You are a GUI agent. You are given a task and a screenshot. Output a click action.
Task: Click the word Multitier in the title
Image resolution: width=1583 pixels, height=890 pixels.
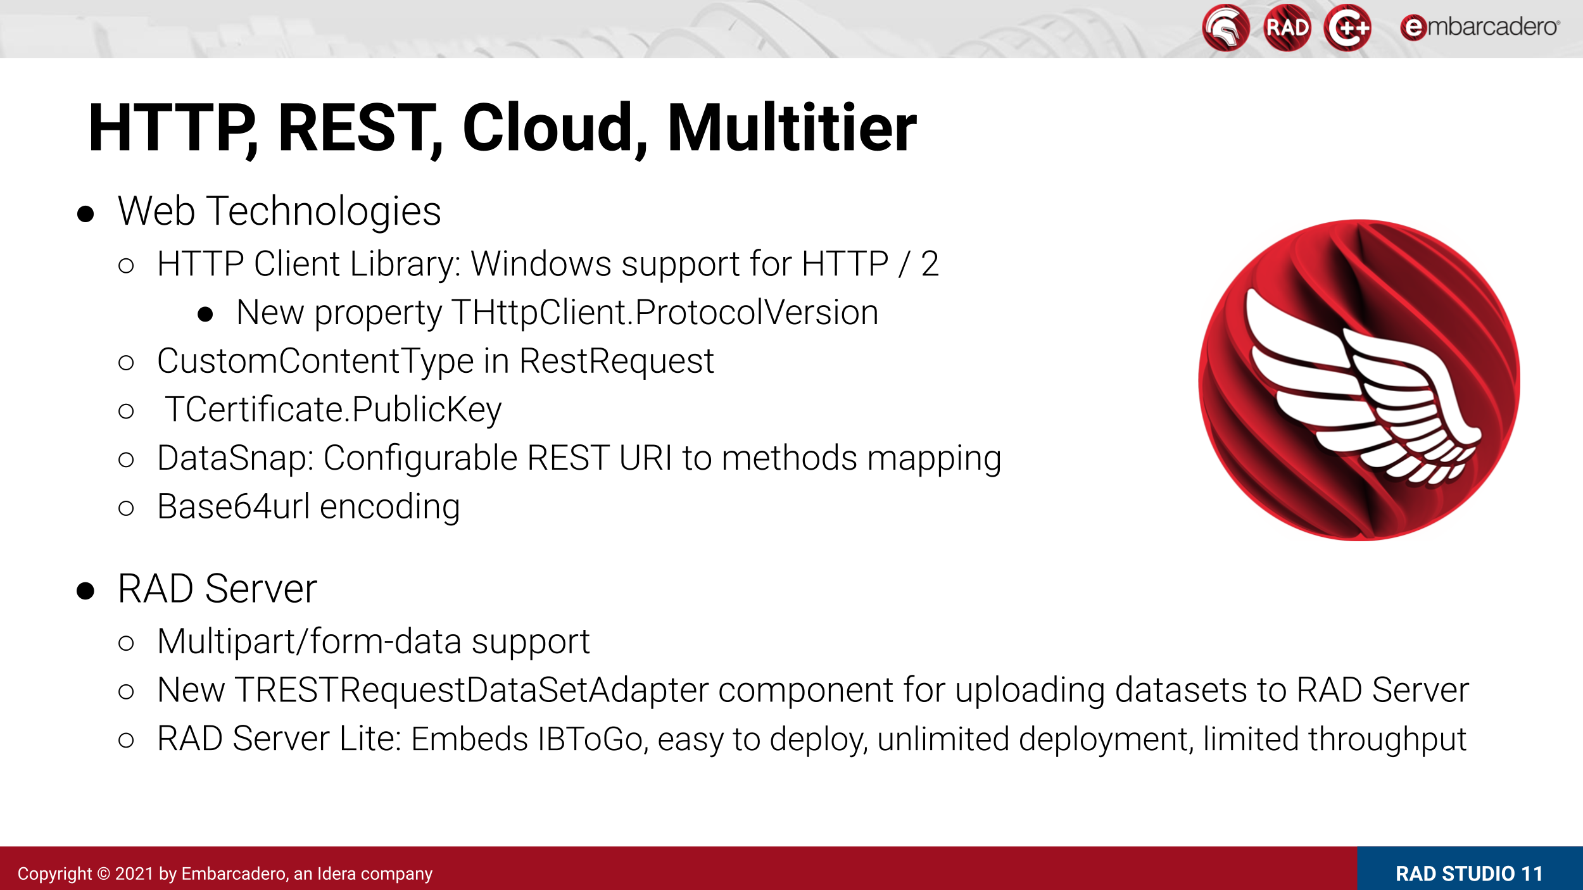click(x=791, y=128)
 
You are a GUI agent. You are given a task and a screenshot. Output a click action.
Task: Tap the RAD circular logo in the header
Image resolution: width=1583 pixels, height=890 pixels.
click(x=1287, y=28)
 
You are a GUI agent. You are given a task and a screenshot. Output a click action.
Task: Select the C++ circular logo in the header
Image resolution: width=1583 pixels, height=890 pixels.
click(x=1347, y=28)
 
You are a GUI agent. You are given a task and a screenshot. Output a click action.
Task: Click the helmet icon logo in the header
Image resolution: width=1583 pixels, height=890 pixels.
click(x=1226, y=28)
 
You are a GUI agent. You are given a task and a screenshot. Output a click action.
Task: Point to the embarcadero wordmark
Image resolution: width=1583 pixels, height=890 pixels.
click(x=1480, y=27)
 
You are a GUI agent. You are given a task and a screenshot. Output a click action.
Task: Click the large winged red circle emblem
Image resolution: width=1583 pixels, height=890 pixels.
click(x=1359, y=380)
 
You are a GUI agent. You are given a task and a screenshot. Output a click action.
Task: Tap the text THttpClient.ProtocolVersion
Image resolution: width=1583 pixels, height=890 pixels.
click(x=665, y=313)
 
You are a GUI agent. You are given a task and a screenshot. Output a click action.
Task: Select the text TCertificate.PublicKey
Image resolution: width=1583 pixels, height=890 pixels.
click(x=333, y=410)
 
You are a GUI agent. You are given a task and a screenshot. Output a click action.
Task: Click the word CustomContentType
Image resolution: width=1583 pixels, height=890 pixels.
click(x=315, y=362)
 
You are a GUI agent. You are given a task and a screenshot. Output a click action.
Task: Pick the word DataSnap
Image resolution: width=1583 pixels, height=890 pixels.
click(x=236, y=459)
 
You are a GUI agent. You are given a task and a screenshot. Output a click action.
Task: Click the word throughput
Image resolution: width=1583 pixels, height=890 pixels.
click(x=1387, y=739)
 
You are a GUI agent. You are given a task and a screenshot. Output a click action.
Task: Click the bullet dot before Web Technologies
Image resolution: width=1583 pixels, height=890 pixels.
click(x=85, y=214)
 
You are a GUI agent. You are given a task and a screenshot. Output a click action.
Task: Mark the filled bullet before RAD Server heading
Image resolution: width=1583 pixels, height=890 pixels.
click(x=85, y=591)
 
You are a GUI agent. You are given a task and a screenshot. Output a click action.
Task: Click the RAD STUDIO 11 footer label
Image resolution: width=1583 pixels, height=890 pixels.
click(x=1469, y=874)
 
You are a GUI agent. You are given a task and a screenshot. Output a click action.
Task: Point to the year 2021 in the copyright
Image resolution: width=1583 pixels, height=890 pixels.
click(x=134, y=874)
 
